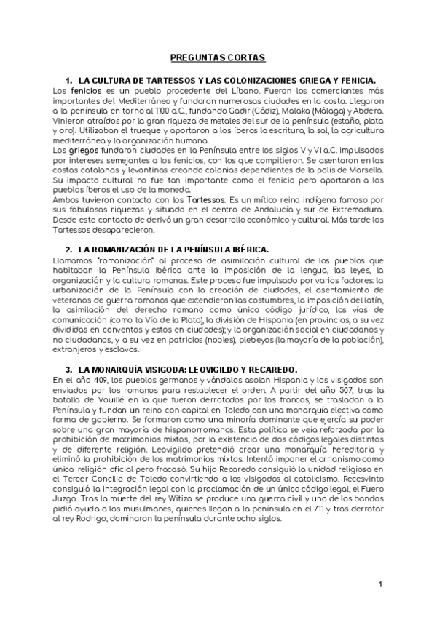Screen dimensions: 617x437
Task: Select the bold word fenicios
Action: coord(86,89)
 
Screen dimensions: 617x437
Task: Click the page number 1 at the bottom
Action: coord(380,585)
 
